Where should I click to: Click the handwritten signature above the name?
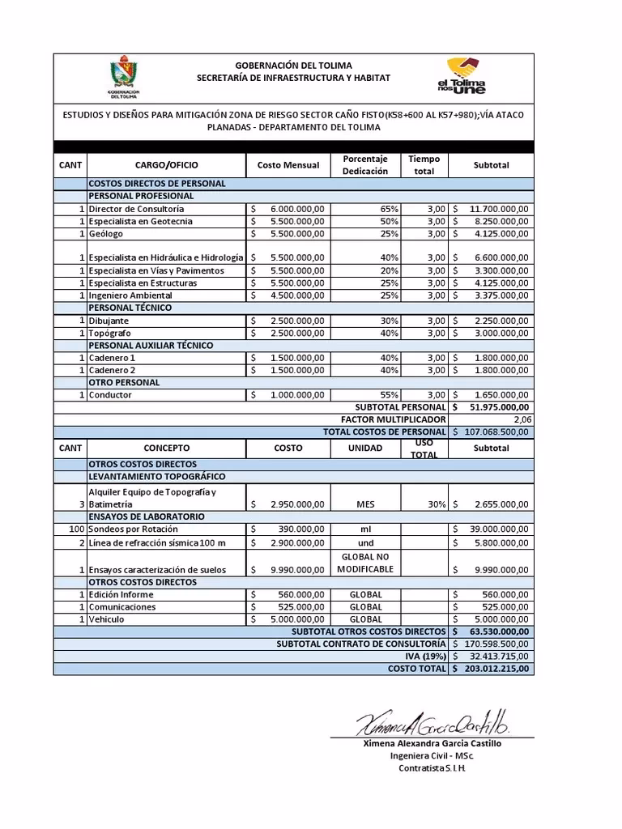point(432,720)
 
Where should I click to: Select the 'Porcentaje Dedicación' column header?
point(366,165)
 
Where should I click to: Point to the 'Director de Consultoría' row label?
point(137,209)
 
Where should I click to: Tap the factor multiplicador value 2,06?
point(518,419)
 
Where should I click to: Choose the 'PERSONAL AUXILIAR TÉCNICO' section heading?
point(151,346)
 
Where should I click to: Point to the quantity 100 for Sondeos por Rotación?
point(72,529)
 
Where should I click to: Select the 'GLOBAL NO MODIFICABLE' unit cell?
point(366,563)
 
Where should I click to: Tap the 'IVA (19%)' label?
point(425,657)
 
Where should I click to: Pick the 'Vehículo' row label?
point(109,619)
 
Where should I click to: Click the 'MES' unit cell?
point(366,504)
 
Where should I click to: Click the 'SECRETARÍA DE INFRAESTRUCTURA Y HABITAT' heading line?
point(293,77)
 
